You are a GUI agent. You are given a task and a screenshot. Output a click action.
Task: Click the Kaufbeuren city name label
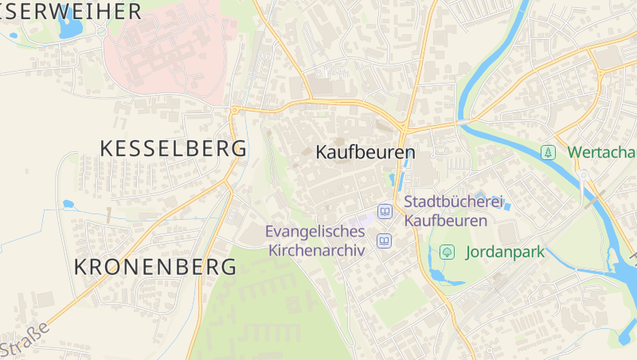click(365, 152)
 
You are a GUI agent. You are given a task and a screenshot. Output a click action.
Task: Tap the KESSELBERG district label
click(173, 148)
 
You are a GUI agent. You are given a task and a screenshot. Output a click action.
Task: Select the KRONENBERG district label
click(155, 267)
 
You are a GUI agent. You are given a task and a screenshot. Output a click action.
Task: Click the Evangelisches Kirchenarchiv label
click(315, 241)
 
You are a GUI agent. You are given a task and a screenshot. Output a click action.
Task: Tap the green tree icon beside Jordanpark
click(447, 252)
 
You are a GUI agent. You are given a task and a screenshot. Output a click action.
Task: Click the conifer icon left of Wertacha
click(548, 151)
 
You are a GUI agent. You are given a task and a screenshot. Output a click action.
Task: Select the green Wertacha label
click(601, 151)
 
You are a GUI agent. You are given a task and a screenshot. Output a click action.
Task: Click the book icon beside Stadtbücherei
click(385, 212)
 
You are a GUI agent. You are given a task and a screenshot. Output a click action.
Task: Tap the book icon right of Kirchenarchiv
click(385, 240)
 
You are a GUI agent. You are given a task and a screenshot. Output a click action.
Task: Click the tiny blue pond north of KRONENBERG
click(68, 204)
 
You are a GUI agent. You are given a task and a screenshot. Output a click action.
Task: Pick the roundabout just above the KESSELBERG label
click(235, 111)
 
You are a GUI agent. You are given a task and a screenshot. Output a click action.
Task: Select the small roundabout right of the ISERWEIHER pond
click(102, 32)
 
